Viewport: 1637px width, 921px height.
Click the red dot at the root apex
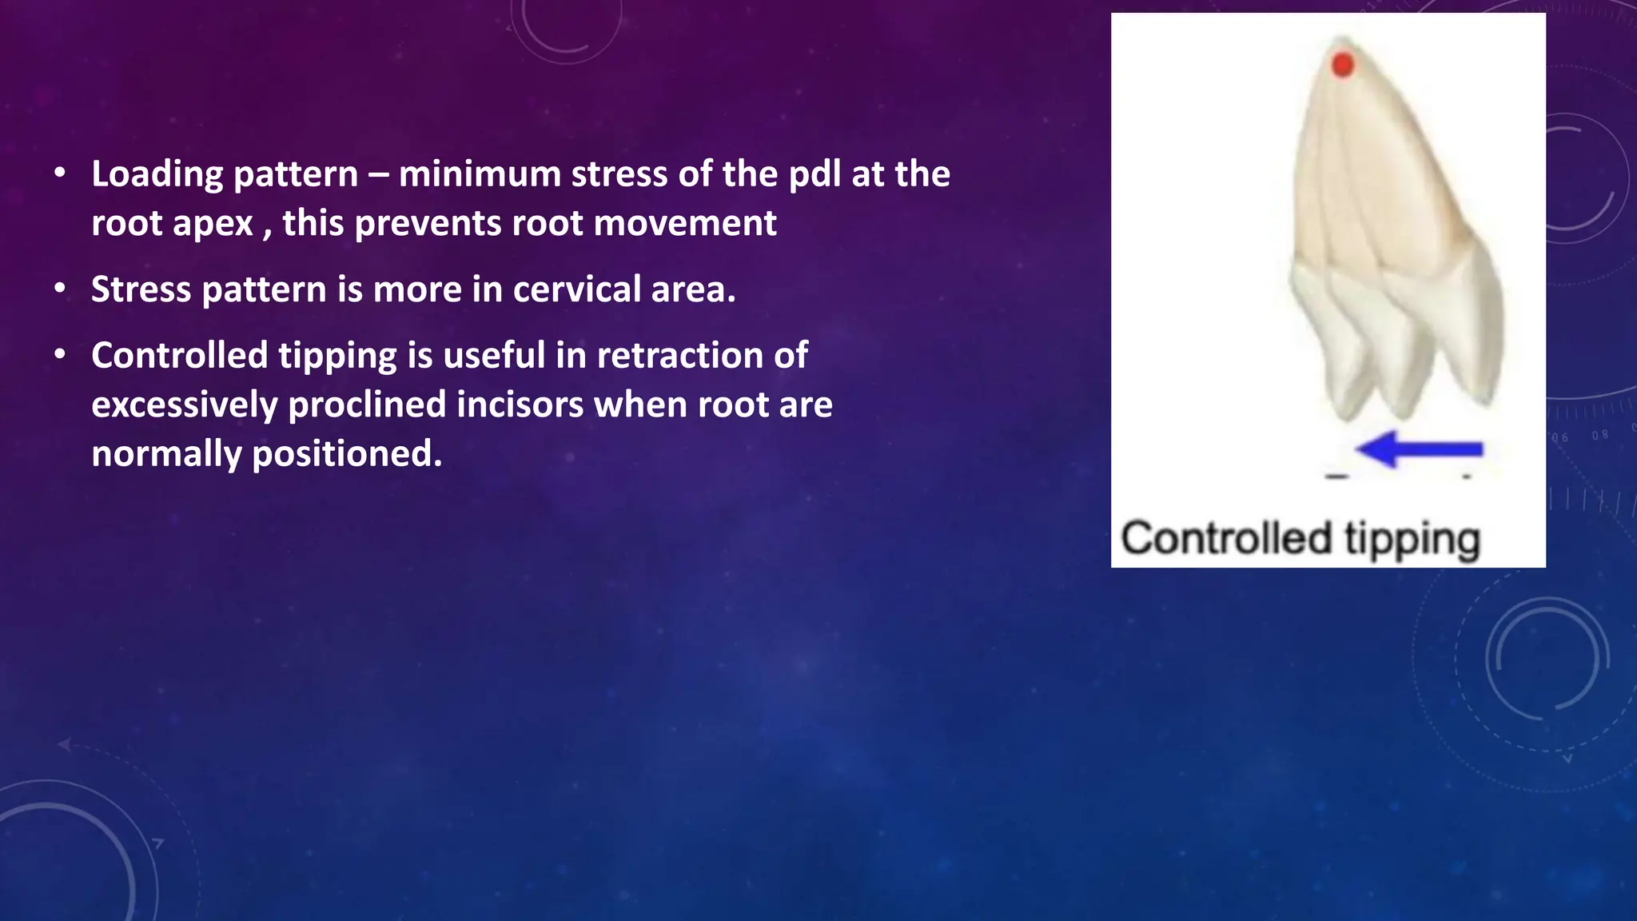[1343, 65]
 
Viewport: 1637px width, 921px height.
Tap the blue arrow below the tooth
[1420, 449]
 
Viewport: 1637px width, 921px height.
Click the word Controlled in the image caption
[1225, 538]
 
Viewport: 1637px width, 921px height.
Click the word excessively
[184, 405]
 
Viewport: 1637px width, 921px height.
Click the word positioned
[347, 455]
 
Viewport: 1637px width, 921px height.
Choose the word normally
[166, 455]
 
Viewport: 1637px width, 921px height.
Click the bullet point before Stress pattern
[61, 289]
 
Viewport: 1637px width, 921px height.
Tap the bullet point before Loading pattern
[61, 173]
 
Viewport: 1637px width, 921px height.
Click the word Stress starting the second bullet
[141, 289]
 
